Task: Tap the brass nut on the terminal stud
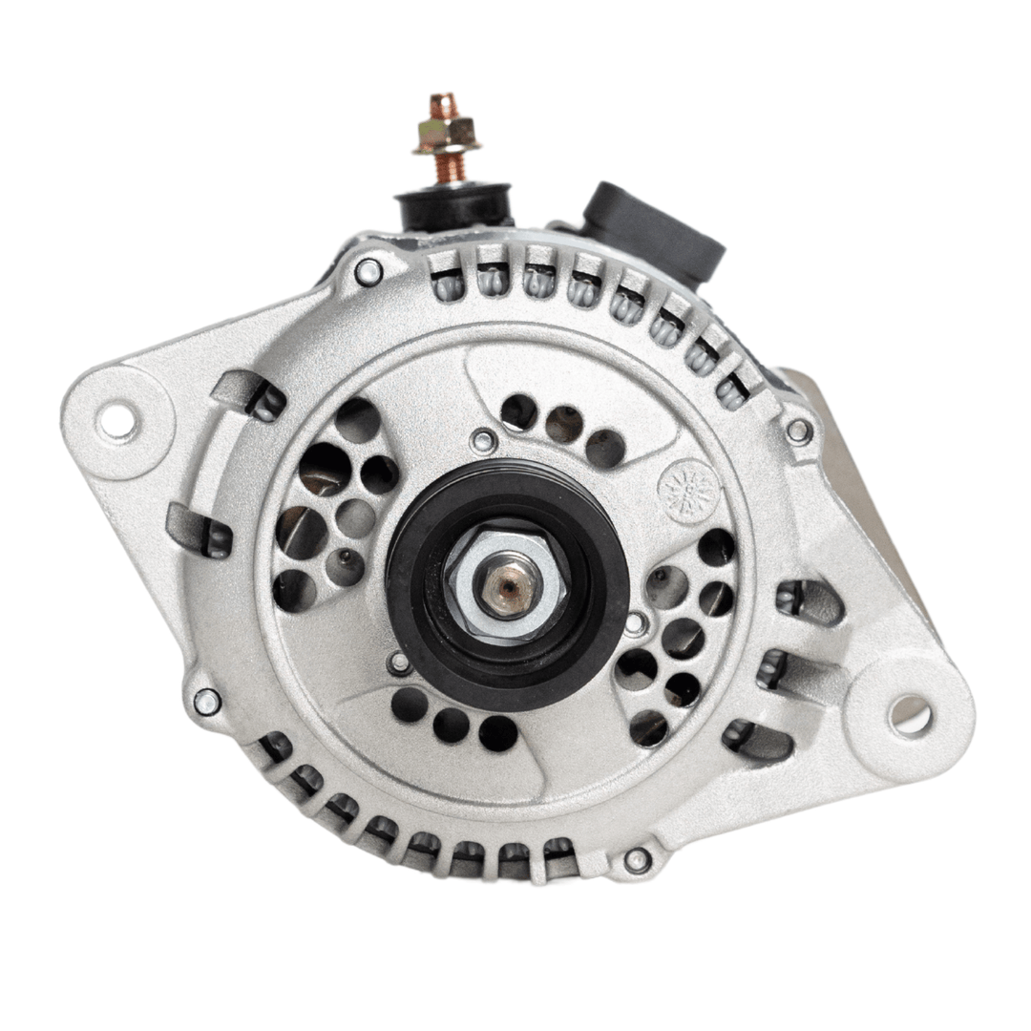446,136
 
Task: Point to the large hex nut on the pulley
507,582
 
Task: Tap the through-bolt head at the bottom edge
637,860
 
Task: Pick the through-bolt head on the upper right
798,431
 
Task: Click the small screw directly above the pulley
484,441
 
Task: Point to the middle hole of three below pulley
452,725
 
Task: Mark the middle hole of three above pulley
563,425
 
